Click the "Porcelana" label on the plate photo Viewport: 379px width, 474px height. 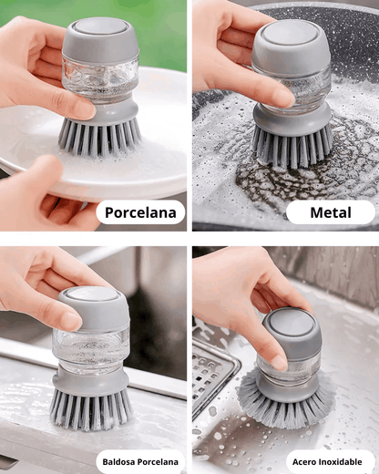click(140, 213)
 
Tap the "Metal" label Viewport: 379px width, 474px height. click(330, 213)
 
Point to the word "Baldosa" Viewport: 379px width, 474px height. click(120, 461)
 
